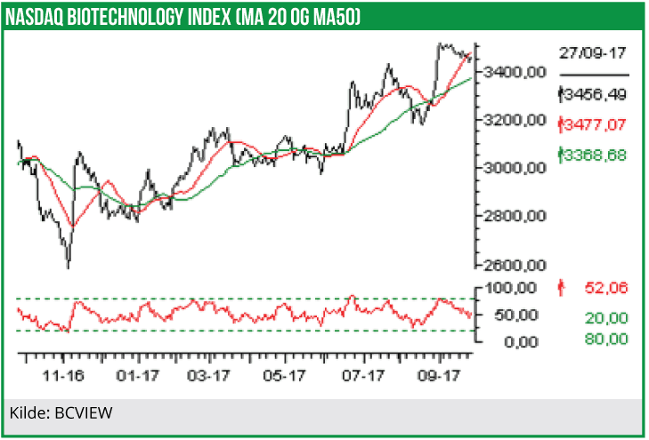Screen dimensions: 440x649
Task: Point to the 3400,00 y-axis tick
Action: click(513, 71)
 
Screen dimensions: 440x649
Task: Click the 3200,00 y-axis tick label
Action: click(513, 119)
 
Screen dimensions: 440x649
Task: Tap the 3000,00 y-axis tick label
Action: click(513, 167)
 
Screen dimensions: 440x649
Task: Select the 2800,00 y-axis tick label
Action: click(513, 216)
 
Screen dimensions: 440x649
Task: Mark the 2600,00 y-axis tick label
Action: click(513, 265)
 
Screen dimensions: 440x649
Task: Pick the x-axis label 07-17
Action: click(362, 376)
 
